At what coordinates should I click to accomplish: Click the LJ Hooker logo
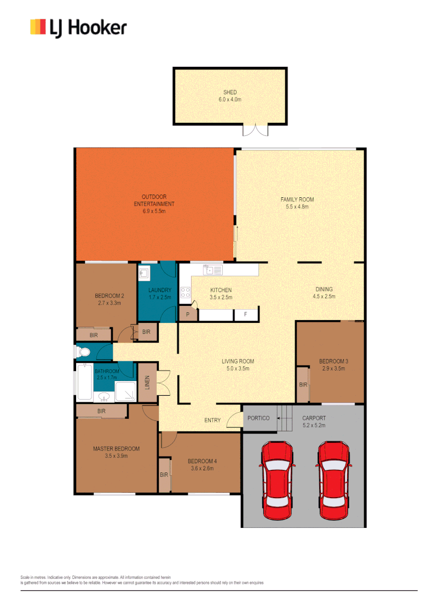[78, 27]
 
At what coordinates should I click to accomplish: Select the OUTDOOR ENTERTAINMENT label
[154, 200]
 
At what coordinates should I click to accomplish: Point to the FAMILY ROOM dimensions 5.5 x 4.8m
[297, 207]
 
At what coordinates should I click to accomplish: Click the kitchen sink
[212, 270]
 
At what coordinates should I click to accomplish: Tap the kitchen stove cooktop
[186, 293]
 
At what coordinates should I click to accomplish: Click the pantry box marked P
[188, 315]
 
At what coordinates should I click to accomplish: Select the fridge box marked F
[246, 315]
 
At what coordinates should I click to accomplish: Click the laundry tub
[145, 274]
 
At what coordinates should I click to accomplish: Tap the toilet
[83, 351]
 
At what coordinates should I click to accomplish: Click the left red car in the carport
[278, 481]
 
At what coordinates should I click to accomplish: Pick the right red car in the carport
[334, 481]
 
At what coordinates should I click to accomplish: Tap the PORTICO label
[258, 418]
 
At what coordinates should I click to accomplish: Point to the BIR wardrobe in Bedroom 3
[303, 385]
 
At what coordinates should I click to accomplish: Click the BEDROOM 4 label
[200, 461]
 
